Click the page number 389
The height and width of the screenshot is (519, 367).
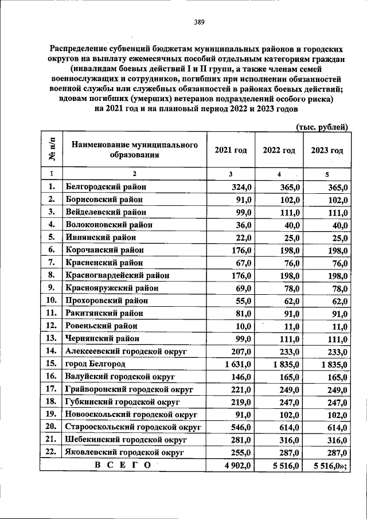[x=200, y=22]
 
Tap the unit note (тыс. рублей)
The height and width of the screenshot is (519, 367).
[x=322, y=127]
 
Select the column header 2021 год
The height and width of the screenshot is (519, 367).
[x=231, y=150]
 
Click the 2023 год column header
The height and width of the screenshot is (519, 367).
[x=327, y=150]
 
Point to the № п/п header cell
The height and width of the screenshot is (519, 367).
[x=51, y=150]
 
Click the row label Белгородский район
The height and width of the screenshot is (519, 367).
[x=106, y=186]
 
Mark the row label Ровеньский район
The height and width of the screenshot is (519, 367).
[x=101, y=326]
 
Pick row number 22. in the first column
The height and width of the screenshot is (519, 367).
[x=51, y=452]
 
